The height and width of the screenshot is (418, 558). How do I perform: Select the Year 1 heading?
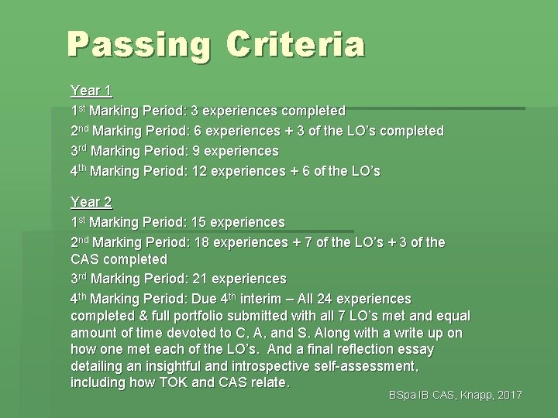[91, 91]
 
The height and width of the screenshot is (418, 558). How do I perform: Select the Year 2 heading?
[91, 203]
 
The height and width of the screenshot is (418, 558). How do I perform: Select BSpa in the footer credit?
[403, 396]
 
